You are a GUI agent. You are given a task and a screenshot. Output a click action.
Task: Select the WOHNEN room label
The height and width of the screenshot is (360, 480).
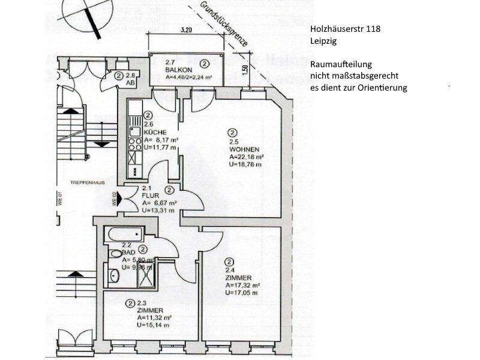(x=241, y=151)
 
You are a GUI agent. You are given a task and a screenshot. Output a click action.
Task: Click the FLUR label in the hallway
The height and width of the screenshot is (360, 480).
(x=149, y=195)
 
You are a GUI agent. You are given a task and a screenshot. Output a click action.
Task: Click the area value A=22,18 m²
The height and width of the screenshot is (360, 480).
(x=247, y=158)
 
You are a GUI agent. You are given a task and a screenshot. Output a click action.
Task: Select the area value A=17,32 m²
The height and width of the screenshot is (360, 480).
(x=242, y=286)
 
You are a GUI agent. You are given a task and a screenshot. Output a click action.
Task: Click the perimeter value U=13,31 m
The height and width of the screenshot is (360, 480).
(x=158, y=210)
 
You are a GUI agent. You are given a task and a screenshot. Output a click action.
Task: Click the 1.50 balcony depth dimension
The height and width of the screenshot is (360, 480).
(x=244, y=70)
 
